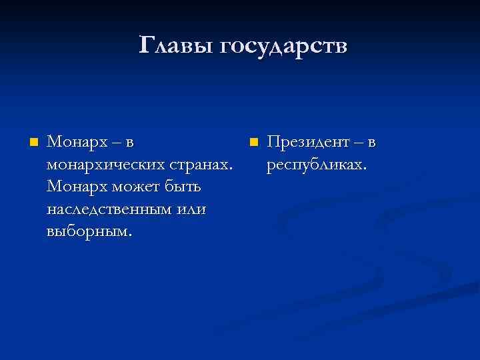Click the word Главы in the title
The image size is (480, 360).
pos(177,46)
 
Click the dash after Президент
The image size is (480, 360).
pos(359,143)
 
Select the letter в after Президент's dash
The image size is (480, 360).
pos(372,143)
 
